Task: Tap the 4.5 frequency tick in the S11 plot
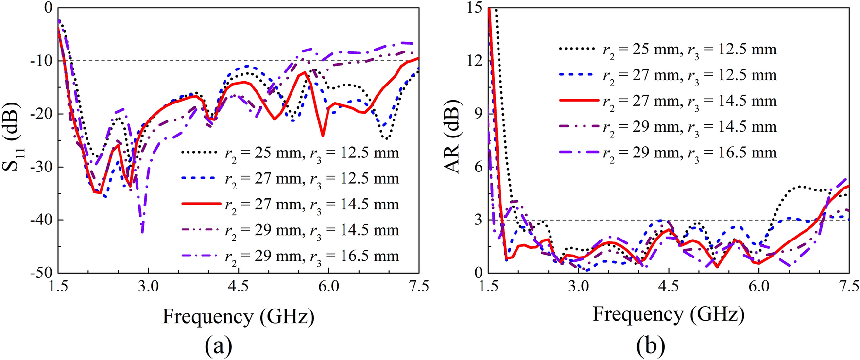(x=238, y=286)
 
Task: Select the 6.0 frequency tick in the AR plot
(x=758, y=286)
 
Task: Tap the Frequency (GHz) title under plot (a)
(x=238, y=316)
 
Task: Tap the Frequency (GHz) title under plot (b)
(x=668, y=314)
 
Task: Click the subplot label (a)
(x=218, y=346)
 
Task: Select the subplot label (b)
(x=650, y=346)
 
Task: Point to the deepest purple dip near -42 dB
(x=142, y=232)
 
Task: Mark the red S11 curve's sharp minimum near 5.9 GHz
(x=323, y=136)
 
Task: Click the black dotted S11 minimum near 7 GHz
(x=386, y=139)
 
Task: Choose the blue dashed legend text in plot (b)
(x=690, y=75)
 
